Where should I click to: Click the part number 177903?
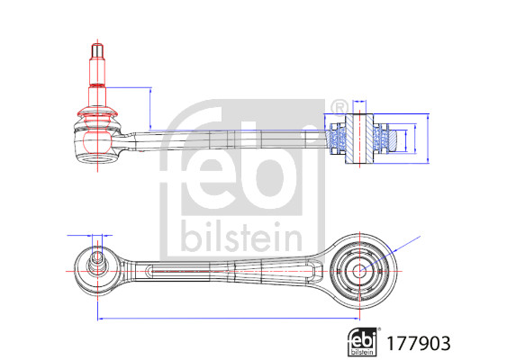pyautogui.click(x=419, y=344)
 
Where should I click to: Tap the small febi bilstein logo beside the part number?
pyautogui.click(x=363, y=342)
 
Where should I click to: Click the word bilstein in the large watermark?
pyautogui.click(x=241, y=237)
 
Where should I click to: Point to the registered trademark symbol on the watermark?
pyautogui.click(x=339, y=108)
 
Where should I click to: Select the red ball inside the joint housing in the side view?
pyautogui.click(x=97, y=141)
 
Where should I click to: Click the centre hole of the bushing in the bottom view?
pyautogui.click(x=359, y=271)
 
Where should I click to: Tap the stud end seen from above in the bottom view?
pyautogui.click(x=97, y=260)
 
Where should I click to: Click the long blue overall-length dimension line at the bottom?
pyautogui.click(x=229, y=319)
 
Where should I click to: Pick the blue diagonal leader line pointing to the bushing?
pyautogui.click(x=390, y=254)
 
